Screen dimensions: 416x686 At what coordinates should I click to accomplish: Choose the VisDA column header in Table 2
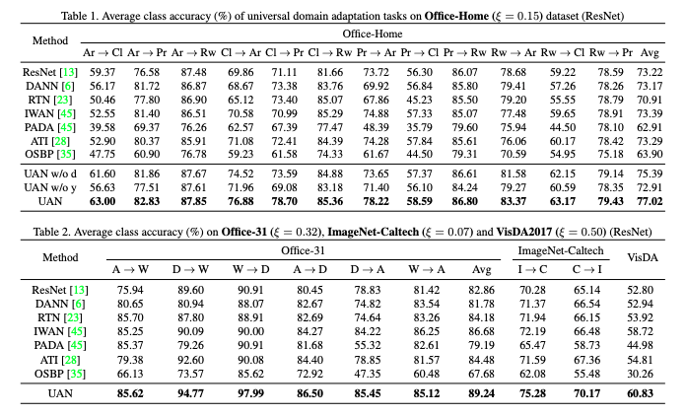(x=648, y=256)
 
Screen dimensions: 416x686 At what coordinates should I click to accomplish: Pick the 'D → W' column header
(x=191, y=266)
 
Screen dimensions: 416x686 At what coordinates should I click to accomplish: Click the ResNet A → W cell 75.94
(x=130, y=290)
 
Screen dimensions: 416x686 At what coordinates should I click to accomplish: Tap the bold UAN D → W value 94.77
(x=191, y=392)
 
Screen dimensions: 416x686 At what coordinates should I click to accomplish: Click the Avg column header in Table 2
(x=481, y=266)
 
